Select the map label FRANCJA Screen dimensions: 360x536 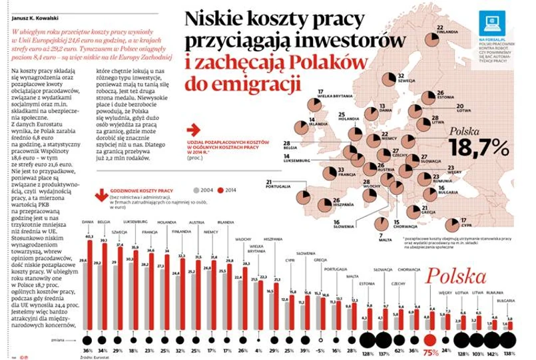335,172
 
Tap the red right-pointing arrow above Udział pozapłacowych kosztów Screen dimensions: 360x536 194,130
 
